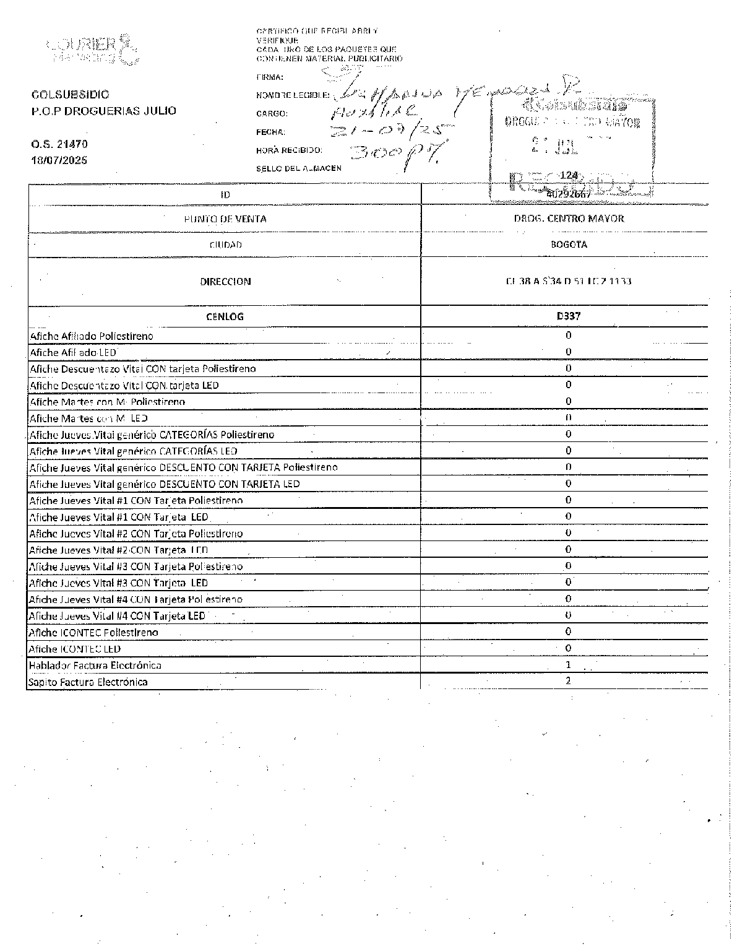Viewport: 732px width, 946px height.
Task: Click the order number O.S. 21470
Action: [59, 144]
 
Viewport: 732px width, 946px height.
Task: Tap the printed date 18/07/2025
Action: [59, 160]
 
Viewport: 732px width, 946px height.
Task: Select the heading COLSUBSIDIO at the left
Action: [70, 95]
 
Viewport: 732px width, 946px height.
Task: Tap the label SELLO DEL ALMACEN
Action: [298, 168]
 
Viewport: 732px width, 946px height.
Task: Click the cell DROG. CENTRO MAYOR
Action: [569, 219]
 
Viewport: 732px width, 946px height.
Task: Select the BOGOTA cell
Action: [569, 245]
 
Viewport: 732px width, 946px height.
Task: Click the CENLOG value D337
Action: [569, 316]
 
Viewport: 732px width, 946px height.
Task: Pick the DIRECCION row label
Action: [225, 282]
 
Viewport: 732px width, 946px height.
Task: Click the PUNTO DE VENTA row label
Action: [225, 219]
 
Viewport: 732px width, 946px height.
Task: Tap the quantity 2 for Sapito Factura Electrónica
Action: [568, 681]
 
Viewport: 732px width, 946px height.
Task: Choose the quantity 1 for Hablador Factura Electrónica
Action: [568, 665]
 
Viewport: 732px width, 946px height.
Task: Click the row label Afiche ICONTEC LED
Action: [75, 649]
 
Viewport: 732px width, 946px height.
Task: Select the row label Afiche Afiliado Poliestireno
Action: [92, 336]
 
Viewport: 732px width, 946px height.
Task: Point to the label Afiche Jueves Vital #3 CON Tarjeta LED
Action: [119, 583]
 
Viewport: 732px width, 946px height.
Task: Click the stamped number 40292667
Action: [569, 194]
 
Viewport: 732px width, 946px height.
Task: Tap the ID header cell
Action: [225, 194]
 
